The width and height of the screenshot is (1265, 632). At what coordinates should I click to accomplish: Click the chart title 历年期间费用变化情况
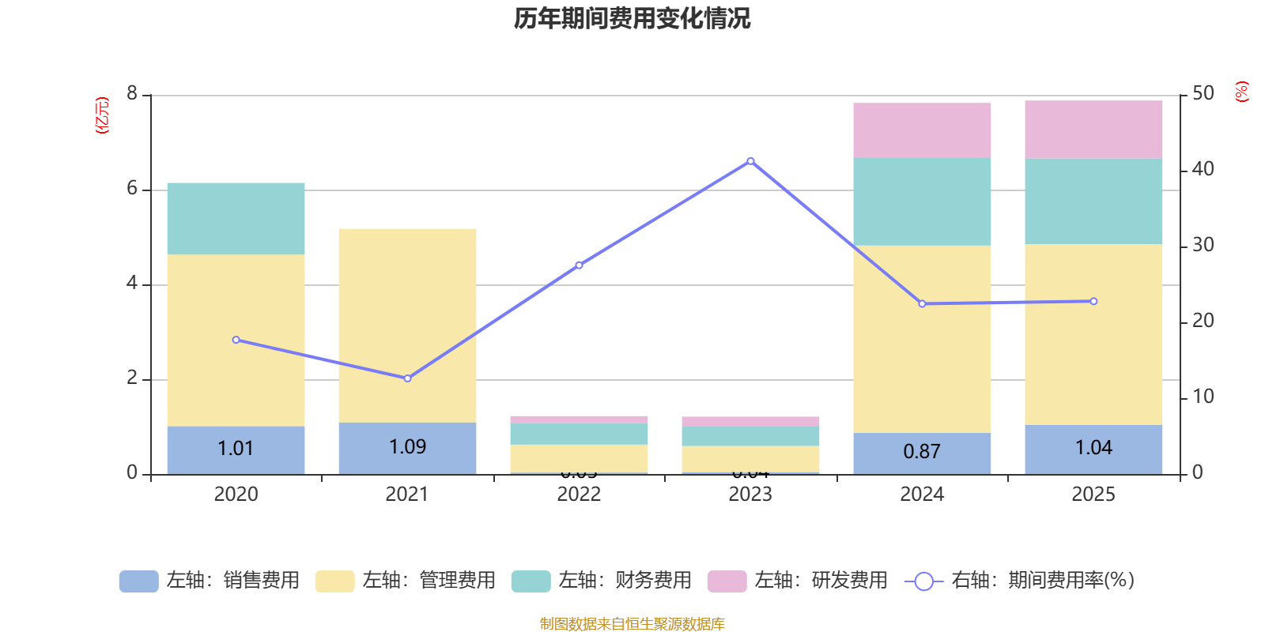[632, 18]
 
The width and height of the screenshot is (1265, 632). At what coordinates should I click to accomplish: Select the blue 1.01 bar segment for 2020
[236, 450]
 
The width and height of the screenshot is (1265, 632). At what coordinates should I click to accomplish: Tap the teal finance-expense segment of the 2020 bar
[236, 219]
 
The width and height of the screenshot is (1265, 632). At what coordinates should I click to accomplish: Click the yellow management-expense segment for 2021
[407, 325]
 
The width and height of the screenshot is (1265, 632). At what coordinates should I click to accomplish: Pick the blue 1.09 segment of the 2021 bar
[407, 448]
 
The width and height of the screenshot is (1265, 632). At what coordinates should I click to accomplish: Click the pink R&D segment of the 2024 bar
[922, 130]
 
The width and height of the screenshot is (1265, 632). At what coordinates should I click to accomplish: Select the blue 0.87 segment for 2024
[922, 453]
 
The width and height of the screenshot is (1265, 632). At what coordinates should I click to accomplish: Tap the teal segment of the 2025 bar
[1093, 201]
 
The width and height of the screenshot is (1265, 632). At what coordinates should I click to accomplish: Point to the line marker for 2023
[750, 161]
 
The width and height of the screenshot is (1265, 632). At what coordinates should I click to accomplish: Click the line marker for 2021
[407, 378]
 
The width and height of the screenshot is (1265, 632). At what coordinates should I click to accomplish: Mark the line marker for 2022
[579, 265]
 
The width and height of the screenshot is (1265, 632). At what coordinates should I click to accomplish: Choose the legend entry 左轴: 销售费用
[210, 581]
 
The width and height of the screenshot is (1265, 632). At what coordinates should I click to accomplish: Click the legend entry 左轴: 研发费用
[798, 581]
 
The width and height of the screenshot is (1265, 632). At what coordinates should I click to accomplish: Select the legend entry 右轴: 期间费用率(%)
[1020, 581]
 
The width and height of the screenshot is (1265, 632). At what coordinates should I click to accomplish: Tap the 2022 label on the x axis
[579, 495]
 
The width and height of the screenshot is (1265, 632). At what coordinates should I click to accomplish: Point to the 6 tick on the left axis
[132, 189]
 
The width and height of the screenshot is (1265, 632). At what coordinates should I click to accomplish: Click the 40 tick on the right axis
[1203, 169]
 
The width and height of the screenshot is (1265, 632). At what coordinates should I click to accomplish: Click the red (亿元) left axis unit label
[102, 115]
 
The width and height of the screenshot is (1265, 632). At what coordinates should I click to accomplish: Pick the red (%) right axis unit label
[1242, 92]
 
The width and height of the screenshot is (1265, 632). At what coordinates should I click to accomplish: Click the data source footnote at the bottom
[632, 624]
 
